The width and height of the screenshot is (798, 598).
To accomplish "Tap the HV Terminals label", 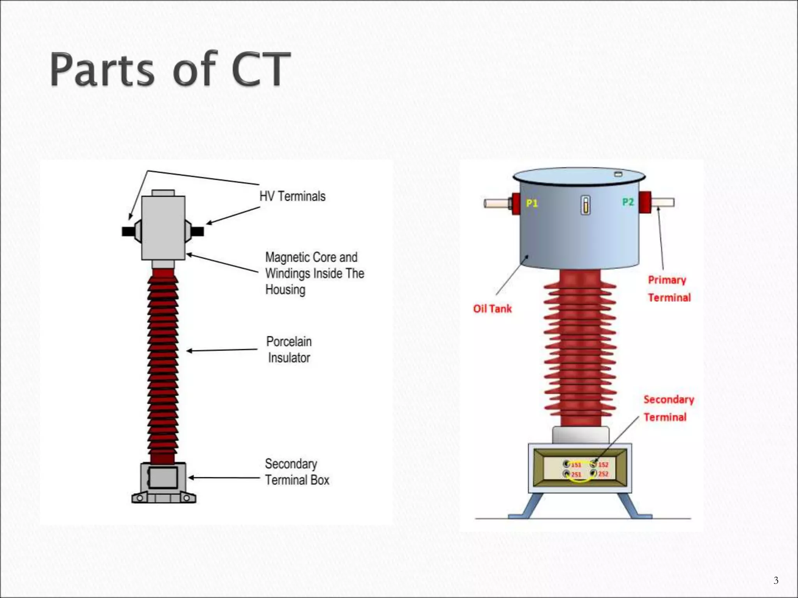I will coord(292,196).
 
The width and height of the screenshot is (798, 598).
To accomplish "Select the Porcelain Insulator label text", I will coord(289,350).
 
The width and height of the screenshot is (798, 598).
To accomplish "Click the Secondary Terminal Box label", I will coord(297,472).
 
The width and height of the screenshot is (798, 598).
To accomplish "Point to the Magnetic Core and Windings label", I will coord(314,273).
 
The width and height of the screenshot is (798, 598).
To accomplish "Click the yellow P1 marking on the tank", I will coord(531,203).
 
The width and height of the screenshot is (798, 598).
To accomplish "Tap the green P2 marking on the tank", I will coord(628,202).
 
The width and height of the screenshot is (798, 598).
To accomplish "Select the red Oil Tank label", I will coord(492,309).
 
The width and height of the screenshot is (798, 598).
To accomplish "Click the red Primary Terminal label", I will coord(669,288).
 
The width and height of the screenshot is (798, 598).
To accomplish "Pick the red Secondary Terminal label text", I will coord(668,408).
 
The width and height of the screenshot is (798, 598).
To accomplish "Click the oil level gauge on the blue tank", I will coord(585,205).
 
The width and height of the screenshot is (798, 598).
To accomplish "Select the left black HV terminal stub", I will coord(128,232).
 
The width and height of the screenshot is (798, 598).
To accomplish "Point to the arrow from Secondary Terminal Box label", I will coord(224,478).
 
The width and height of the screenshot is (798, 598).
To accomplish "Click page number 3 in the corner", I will coord(776,580).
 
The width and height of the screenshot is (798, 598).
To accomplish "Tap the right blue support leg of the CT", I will coord(631,506).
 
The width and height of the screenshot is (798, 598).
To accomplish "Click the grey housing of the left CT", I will coord(163,228).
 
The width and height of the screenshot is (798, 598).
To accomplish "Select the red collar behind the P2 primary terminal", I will coord(645,202).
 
